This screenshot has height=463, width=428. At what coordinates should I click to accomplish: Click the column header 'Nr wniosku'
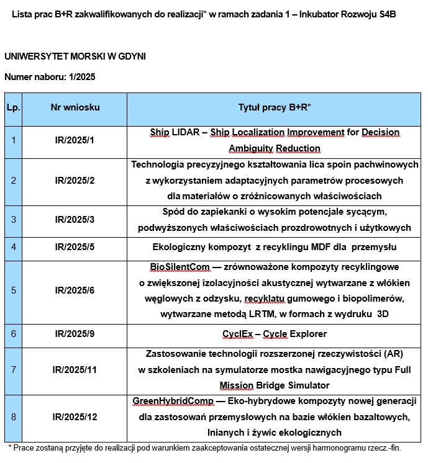click(75, 107)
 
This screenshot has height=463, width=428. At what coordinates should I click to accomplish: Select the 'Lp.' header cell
click(13, 107)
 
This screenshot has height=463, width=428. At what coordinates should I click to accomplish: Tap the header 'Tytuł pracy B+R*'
click(275, 107)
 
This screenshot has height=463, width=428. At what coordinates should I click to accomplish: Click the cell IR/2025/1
click(75, 140)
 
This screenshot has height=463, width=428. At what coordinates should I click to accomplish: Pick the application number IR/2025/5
click(75, 246)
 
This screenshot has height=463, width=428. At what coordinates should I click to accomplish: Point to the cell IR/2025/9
click(75, 334)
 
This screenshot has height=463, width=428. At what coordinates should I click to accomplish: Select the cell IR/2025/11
click(75, 370)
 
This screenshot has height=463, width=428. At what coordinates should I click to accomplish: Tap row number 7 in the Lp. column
click(13, 370)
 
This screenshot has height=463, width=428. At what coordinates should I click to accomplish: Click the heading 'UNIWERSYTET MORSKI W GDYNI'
click(75, 56)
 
